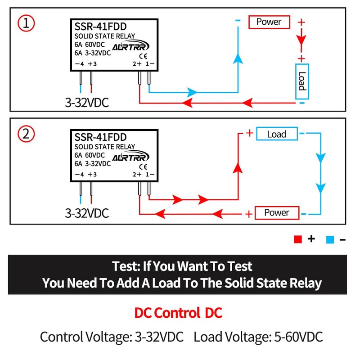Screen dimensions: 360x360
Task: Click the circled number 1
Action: click(x=26, y=23)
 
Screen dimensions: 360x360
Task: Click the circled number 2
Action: click(x=26, y=134)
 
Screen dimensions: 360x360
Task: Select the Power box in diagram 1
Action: click(x=269, y=22)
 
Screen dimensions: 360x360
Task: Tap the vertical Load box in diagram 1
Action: click(x=301, y=81)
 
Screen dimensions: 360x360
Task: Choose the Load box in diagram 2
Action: click(x=277, y=134)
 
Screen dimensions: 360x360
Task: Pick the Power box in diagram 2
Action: click(x=276, y=212)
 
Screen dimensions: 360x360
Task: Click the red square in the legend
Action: click(x=297, y=239)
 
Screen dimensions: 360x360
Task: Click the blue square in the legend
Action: click(x=330, y=239)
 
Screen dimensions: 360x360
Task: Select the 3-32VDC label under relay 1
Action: click(x=87, y=103)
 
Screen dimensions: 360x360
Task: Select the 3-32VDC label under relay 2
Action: click(x=87, y=213)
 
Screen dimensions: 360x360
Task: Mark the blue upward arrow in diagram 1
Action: click(x=238, y=58)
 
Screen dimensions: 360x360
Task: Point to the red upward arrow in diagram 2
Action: click(x=238, y=167)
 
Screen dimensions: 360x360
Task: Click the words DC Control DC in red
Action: click(x=178, y=313)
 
